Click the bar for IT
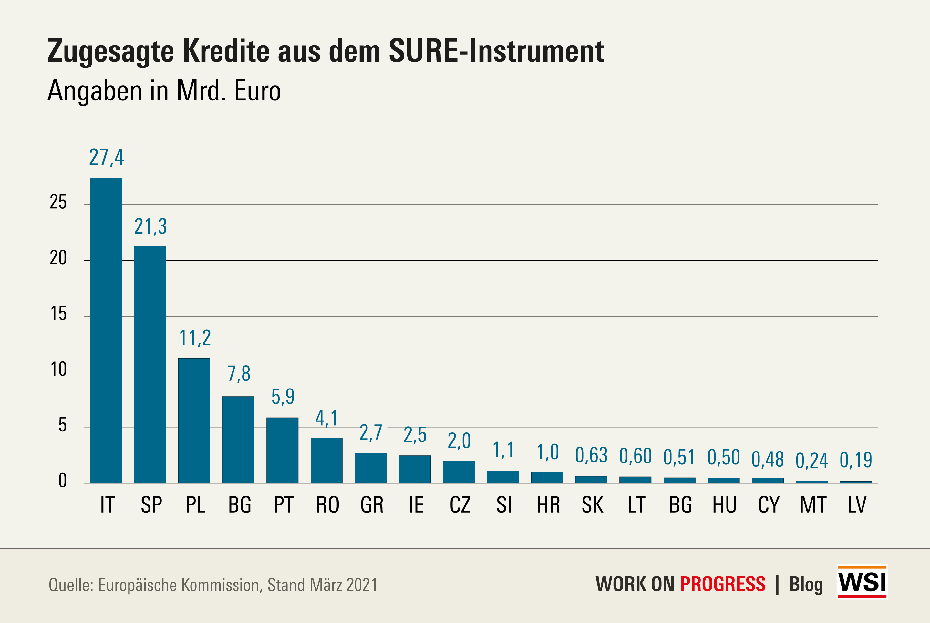tap(106, 331)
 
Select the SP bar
tap(150, 364)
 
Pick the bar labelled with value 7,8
tap(238, 440)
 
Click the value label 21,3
tap(150, 226)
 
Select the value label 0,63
tap(591, 455)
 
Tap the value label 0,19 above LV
tap(856, 460)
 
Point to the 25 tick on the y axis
tap(58, 202)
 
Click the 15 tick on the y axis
tap(58, 314)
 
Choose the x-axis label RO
tap(327, 505)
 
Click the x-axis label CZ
tap(460, 505)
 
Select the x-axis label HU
tap(724, 505)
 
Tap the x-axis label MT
tap(813, 505)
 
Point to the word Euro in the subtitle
tap(257, 91)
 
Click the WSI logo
tap(862, 582)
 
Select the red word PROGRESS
tap(723, 584)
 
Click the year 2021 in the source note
tap(362, 585)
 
